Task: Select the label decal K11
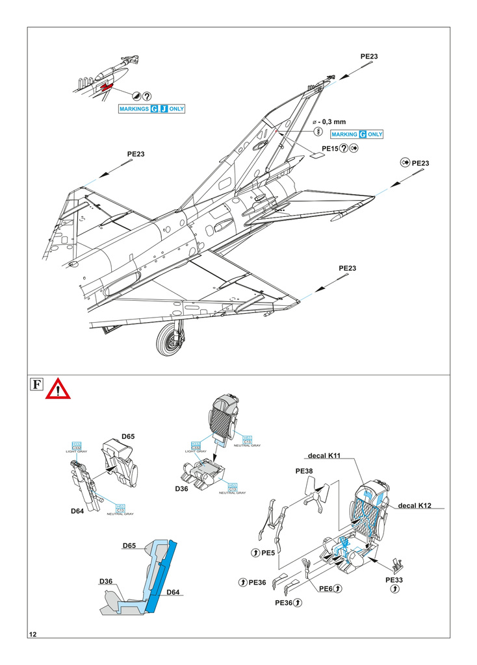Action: click(326, 456)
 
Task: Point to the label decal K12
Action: click(415, 505)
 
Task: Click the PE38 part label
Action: click(304, 471)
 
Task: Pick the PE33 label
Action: click(395, 579)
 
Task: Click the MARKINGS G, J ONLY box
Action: click(151, 109)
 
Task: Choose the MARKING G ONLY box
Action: click(357, 134)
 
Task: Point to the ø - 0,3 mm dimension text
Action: click(329, 121)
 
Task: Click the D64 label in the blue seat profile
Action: click(173, 592)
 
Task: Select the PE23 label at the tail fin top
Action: click(369, 57)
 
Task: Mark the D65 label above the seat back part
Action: click(127, 437)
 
